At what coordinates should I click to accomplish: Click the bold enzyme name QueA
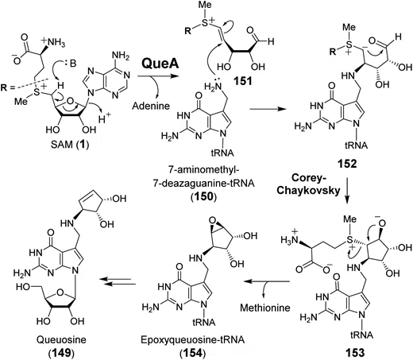[160, 64]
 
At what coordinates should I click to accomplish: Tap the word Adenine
[151, 106]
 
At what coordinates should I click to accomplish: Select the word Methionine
[265, 308]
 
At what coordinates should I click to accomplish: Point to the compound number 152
[347, 164]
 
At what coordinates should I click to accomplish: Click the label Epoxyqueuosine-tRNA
[192, 340]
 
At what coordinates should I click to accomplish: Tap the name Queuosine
[61, 339]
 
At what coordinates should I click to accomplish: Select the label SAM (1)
[70, 145]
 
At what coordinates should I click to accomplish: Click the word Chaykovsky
[308, 190]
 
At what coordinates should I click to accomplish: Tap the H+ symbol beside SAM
[105, 118]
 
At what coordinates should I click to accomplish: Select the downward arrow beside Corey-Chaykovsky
[348, 189]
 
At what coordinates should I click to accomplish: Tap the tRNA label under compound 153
[361, 335]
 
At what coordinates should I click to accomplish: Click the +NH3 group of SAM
[52, 42]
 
